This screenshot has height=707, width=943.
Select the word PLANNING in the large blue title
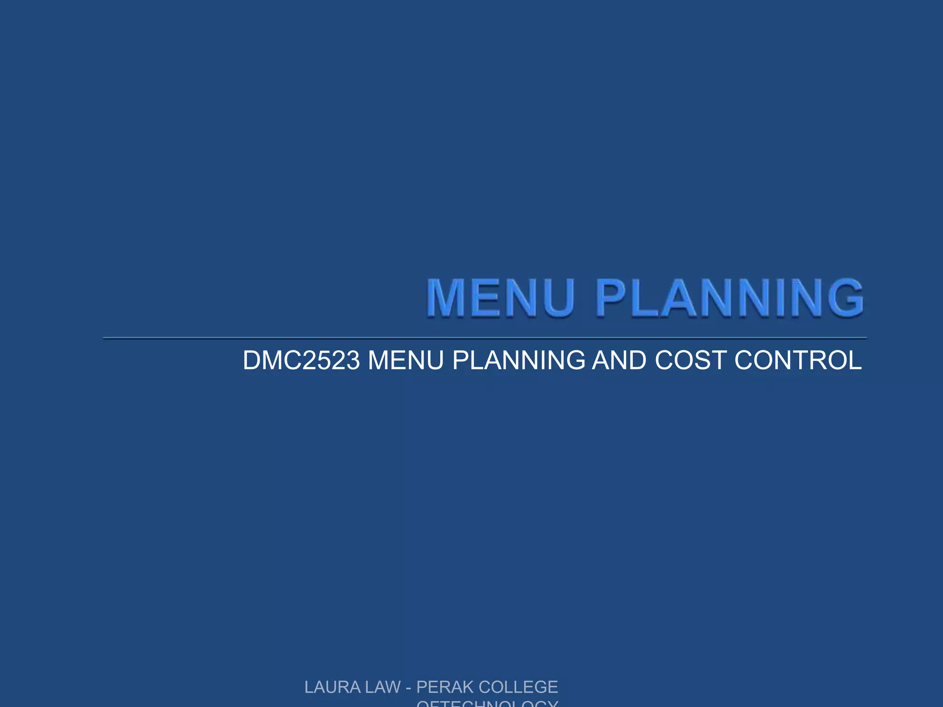pos(730,298)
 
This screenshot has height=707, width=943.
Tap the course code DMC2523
pos(301,360)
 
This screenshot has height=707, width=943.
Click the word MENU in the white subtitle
pos(406,360)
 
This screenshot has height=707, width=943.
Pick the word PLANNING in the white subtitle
pos(518,360)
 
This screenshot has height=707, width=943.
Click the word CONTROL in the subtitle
pos(798,360)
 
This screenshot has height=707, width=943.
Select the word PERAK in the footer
pos(445,687)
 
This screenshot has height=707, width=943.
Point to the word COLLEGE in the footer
pos(518,687)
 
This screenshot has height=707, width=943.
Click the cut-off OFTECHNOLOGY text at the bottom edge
pos(487,703)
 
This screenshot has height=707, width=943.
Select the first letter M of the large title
pos(446,298)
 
